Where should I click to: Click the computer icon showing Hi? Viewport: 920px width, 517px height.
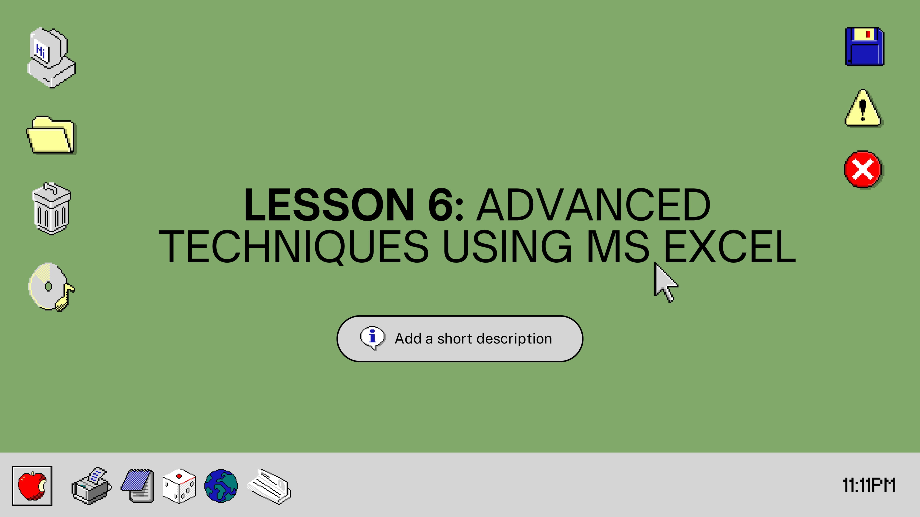52,57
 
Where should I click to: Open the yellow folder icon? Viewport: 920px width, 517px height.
52,135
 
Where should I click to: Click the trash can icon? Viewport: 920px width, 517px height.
52,209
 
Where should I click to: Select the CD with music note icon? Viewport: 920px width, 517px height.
51,287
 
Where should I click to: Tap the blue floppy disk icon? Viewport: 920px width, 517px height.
865,47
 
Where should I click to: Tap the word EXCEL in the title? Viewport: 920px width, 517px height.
730,246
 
